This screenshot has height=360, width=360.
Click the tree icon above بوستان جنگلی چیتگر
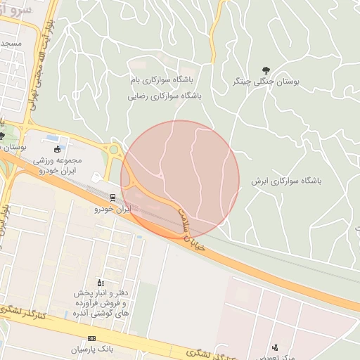pyautogui.click(x=265, y=70)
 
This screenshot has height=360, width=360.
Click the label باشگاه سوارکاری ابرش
pyautogui.click(x=285, y=181)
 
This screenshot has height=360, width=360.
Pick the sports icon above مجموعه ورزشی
pyautogui.click(x=58, y=148)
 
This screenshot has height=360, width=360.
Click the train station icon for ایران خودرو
pyautogui.click(x=113, y=196)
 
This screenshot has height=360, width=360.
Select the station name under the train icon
pyautogui.click(x=113, y=209)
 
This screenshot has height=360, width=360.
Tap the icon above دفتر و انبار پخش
pyautogui.click(x=100, y=283)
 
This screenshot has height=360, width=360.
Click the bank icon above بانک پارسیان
pyautogui.click(x=91, y=338)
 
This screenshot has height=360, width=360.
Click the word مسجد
pyautogui.click(x=11, y=44)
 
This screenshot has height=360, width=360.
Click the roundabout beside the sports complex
pyautogui.click(x=113, y=150)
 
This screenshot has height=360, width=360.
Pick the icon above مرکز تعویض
pyautogui.click(x=275, y=346)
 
